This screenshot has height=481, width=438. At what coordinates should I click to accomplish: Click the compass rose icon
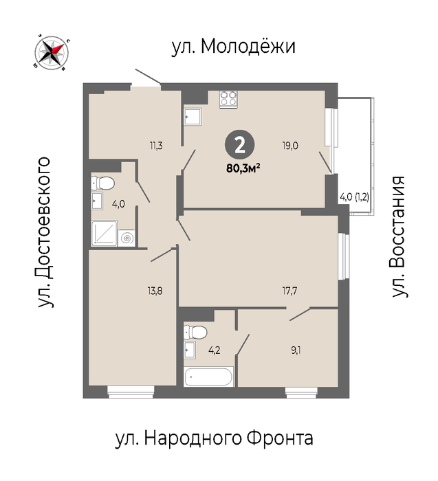52,52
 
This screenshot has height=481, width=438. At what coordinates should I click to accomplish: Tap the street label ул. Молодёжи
233,47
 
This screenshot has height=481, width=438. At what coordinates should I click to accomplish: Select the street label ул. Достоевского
44,232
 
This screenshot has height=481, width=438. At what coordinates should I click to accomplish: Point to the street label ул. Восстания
399,236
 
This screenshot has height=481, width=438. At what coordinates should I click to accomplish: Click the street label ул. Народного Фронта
215,438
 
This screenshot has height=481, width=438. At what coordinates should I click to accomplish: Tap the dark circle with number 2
240,145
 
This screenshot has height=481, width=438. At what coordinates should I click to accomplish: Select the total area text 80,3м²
243,168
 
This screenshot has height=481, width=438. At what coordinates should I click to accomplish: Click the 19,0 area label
290,145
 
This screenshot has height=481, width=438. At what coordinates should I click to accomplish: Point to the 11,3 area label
156,146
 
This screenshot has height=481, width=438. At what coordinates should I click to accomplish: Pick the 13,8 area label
155,291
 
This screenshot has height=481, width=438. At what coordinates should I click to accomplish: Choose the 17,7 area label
289,291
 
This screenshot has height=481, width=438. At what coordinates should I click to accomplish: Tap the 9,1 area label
296,350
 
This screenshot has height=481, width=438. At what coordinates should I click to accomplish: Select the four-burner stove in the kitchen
229,99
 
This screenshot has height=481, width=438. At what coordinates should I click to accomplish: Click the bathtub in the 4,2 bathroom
208,377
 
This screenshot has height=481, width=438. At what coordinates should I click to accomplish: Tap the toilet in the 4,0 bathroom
102,183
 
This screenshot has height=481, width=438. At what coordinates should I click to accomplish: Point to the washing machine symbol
127,238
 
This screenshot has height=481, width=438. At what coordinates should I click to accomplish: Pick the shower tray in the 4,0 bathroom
105,233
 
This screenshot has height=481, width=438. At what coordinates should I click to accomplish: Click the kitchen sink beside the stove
193,117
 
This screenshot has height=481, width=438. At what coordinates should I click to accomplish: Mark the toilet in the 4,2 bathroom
195,332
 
